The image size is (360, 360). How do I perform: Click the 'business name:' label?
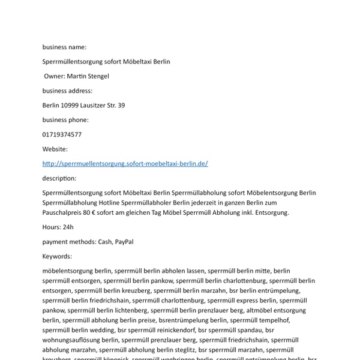tap(64, 47)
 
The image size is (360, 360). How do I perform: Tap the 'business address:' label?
tap(67, 91)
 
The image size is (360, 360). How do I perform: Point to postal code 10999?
tap(70, 106)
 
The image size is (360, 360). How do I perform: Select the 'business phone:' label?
tap(65, 120)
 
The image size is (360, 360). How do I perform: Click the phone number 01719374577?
tap(62, 134)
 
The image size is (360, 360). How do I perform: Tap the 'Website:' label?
tap(55, 149)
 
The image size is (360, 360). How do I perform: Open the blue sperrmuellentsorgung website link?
tap(125, 164)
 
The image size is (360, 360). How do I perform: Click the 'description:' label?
tap(59, 178)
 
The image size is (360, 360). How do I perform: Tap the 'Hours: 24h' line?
tap(58, 227)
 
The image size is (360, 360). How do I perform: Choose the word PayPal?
tap(124, 242)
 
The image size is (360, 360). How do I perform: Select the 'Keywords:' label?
tap(57, 256)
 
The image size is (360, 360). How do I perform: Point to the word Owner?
tap(55, 76)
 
